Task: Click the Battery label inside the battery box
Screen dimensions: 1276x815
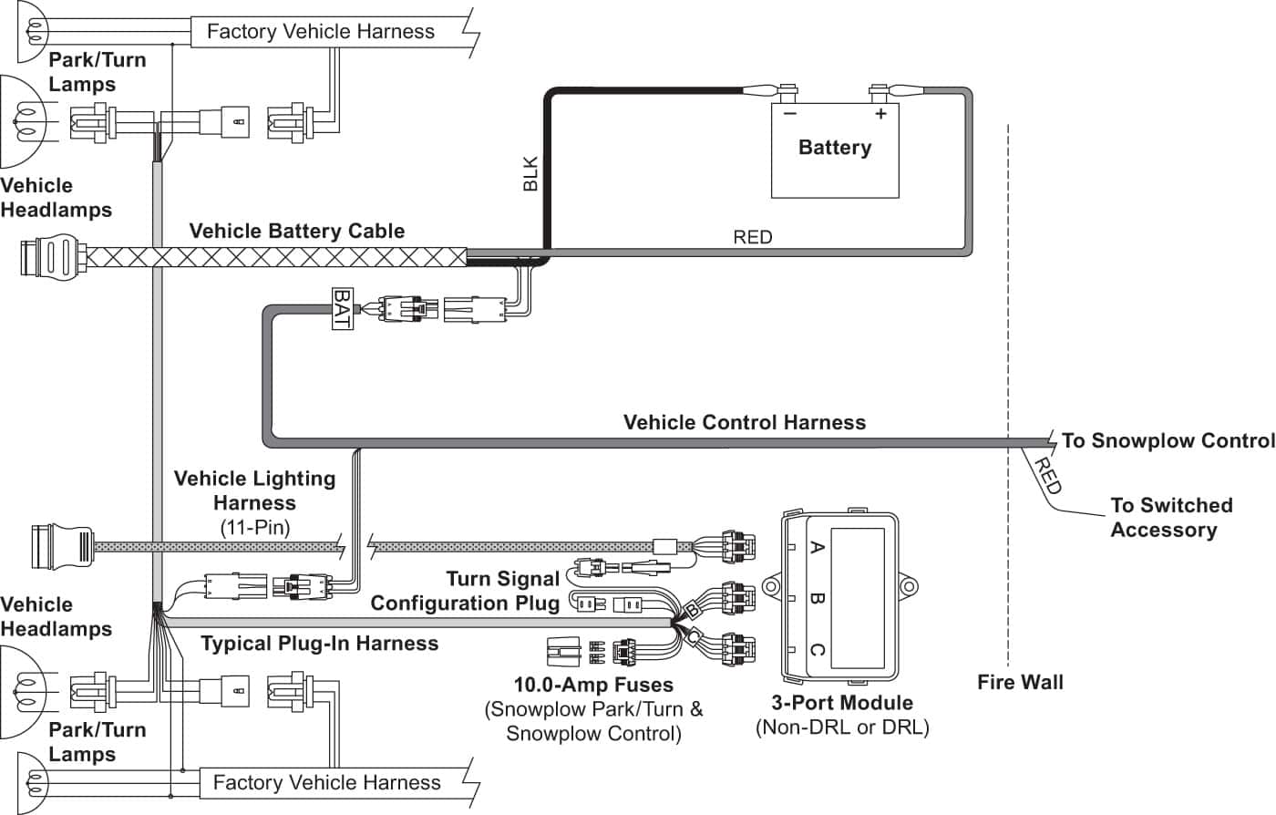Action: pyautogui.click(x=835, y=148)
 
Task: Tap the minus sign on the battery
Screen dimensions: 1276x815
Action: pyautogui.click(x=789, y=114)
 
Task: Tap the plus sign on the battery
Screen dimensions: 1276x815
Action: pyautogui.click(x=880, y=114)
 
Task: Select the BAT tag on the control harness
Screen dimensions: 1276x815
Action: pyautogui.click(x=342, y=308)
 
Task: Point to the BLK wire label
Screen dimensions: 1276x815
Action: pyautogui.click(x=530, y=174)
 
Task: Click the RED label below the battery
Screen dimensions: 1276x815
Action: pyautogui.click(x=753, y=237)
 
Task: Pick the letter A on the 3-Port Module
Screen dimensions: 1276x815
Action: pyautogui.click(x=817, y=548)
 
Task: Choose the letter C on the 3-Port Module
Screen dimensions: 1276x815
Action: pyautogui.click(x=817, y=650)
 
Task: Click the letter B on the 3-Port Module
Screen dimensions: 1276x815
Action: pyautogui.click(x=817, y=599)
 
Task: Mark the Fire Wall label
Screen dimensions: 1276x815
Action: pyautogui.click(x=1020, y=682)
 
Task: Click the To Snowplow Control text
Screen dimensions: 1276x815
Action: pyautogui.click(x=1168, y=440)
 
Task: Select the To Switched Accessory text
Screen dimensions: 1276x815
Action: pyautogui.click(x=1171, y=518)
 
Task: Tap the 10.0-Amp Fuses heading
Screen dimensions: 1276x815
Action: pyautogui.click(x=593, y=685)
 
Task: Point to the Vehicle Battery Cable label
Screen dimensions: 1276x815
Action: pyautogui.click(x=297, y=231)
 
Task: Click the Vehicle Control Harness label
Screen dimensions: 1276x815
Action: pyautogui.click(x=745, y=422)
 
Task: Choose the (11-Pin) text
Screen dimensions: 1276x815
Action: pyautogui.click(x=255, y=528)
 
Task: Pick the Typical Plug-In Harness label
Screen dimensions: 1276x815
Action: pyautogui.click(x=320, y=644)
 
